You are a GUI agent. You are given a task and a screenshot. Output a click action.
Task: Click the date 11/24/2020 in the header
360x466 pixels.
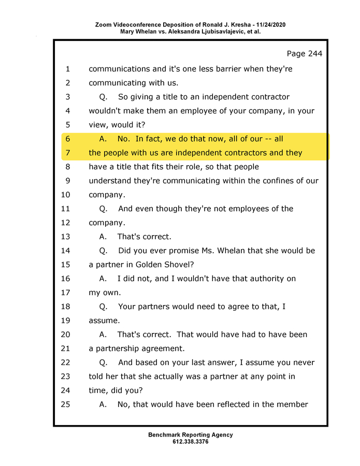click(x=268, y=25)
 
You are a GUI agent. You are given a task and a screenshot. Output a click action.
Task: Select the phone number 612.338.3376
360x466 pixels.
click(x=191, y=442)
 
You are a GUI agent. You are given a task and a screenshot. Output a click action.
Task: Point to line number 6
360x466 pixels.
click(x=67, y=139)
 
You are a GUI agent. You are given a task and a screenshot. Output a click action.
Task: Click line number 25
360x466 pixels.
click(x=65, y=404)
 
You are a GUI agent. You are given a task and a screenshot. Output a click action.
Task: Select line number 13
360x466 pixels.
click(x=65, y=237)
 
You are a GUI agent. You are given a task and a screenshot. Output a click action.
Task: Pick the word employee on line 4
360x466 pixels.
click(x=195, y=111)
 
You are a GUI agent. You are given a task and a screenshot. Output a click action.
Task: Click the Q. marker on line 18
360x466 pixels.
click(x=103, y=307)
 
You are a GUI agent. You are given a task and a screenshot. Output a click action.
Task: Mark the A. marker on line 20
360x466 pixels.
click(x=103, y=334)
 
